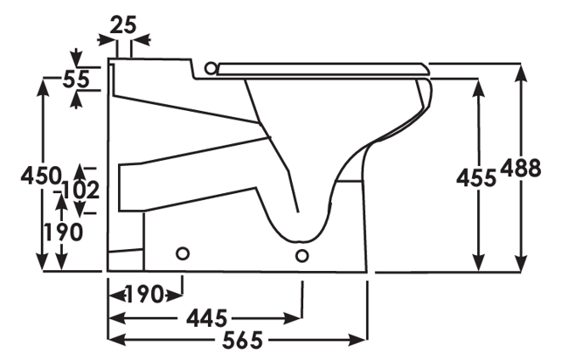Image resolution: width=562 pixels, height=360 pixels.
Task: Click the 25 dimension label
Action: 123,25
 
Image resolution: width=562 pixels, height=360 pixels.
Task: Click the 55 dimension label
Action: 76,80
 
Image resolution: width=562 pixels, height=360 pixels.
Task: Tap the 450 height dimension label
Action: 41,176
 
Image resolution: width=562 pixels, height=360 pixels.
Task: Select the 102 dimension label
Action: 80,190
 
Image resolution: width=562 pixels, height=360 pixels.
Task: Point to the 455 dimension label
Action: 476,177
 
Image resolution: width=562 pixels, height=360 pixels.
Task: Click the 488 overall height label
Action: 520,168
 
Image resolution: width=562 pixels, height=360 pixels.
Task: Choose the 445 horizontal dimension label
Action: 207,318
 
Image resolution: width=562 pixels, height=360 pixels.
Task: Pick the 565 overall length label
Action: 243,340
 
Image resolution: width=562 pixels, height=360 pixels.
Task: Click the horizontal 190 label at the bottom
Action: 145,294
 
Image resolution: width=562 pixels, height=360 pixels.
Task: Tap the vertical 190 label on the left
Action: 63,232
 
